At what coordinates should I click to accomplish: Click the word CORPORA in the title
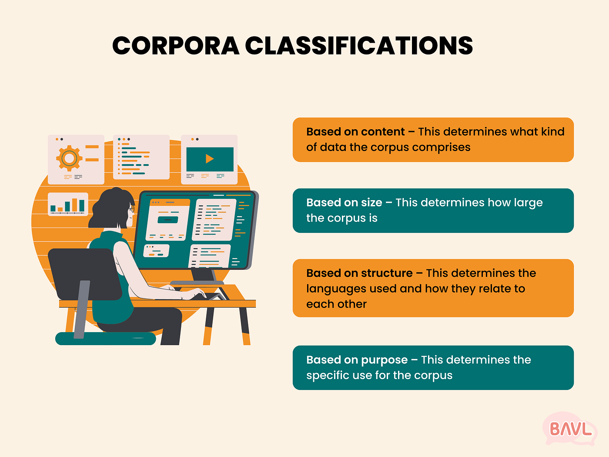click(x=176, y=46)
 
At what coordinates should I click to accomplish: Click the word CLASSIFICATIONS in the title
click(x=359, y=46)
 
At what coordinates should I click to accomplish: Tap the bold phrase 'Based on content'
click(x=355, y=132)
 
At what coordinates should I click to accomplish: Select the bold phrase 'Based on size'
click(x=344, y=202)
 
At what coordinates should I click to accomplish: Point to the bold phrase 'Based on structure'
click(x=359, y=273)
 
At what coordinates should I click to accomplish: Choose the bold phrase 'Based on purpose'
click(x=357, y=360)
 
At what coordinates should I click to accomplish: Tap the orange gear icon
click(x=69, y=158)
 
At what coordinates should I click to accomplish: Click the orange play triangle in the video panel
click(x=210, y=159)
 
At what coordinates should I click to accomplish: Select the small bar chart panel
click(x=68, y=204)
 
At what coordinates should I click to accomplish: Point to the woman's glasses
click(x=132, y=208)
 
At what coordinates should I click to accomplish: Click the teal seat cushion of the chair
click(x=105, y=339)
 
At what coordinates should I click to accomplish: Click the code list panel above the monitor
click(x=141, y=157)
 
